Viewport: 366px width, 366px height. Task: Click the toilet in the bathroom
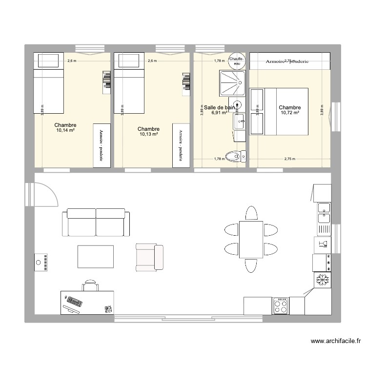pos(239,156)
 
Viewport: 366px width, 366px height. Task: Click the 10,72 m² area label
pos(290,113)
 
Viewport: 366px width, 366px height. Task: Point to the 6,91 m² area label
pos(220,113)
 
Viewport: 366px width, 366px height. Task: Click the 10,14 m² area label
pos(65,130)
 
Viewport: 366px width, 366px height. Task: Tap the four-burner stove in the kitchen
pos(280,305)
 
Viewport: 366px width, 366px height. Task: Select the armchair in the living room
pos(149,258)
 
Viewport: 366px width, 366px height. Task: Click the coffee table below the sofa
pos(96,256)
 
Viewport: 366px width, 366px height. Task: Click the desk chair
pos(90,285)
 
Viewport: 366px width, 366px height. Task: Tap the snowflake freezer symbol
pos(322,281)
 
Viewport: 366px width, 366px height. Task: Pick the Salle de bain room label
pos(220,107)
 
